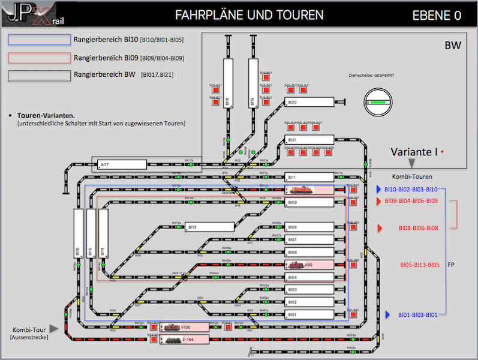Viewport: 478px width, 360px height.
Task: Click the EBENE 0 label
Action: (437, 15)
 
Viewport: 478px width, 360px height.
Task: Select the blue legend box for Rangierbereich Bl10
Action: (39, 40)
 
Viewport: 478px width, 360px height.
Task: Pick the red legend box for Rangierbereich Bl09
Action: (39, 58)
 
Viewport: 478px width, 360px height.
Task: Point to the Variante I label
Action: (414, 152)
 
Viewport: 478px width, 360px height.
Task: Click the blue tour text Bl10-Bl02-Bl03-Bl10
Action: (411, 189)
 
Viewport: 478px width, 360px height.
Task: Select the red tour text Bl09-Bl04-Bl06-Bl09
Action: (411, 201)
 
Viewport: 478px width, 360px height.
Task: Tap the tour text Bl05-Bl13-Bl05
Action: (420, 265)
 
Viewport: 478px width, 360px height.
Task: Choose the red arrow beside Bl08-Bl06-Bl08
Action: (379, 228)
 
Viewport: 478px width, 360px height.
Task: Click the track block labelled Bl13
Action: (209, 227)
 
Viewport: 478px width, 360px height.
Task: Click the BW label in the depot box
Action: (453, 46)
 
